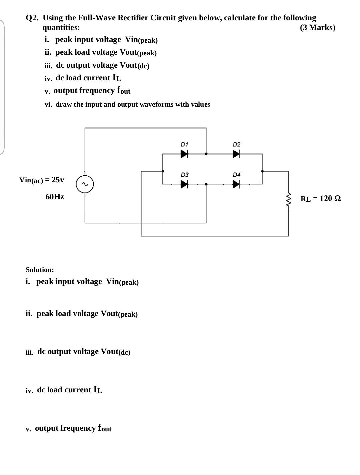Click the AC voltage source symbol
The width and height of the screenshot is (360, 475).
coord(85,184)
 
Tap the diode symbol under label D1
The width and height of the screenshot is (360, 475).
coord(184,154)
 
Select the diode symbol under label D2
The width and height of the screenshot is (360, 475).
coord(236,154)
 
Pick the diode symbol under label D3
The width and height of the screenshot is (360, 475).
coord(184,184)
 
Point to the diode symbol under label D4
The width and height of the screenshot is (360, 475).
coord(236,184)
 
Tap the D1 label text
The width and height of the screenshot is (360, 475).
coord(184,144)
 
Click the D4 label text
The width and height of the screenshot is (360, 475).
coord(236,175)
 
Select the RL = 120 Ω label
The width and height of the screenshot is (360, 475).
coord(320,199)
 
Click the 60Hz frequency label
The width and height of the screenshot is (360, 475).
coord(55,197)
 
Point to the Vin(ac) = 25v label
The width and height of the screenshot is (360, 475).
coord(42,180)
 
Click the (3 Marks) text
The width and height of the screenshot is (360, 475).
coord(317,27)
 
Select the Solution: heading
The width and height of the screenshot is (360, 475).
coord(40,270)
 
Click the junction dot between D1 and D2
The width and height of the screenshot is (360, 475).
coord(206,154)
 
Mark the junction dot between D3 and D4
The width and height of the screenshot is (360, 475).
coord(206,184)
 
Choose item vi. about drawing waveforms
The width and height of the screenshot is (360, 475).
coord(127,104)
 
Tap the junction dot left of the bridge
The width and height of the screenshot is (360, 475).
coord(163,171)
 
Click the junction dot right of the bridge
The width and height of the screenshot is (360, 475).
coord(262,171)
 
